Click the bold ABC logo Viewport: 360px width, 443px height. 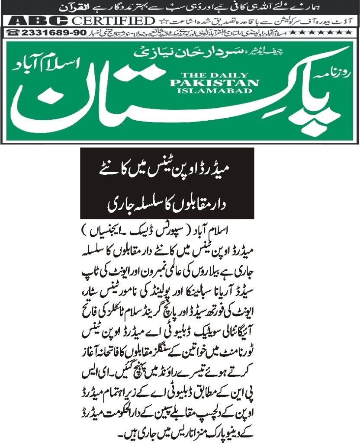pos(38,21)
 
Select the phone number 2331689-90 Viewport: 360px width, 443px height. pos(49,32)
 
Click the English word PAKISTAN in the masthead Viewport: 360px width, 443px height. pos(214,83)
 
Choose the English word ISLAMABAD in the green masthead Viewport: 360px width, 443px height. pos(214,90)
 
